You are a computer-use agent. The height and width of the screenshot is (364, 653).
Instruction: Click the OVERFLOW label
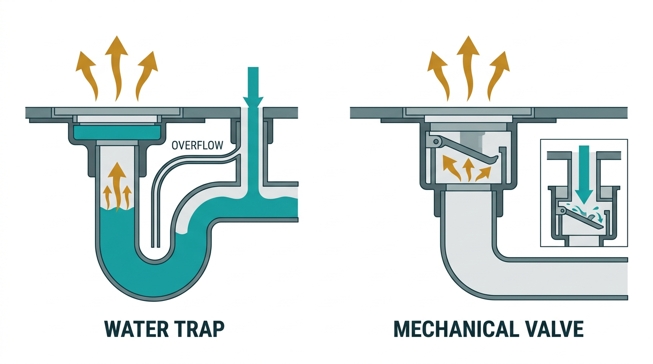click(x=197, y=146)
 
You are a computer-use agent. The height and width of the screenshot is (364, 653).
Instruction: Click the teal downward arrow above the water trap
click(x=253, y=87)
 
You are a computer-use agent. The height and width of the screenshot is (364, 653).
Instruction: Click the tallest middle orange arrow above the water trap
click(x=116, y=68)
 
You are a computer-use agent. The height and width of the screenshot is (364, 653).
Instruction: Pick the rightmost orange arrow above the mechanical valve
click(x=497, y=76)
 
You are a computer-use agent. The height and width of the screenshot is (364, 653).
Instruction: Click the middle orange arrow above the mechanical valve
click(x=468, y=68)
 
